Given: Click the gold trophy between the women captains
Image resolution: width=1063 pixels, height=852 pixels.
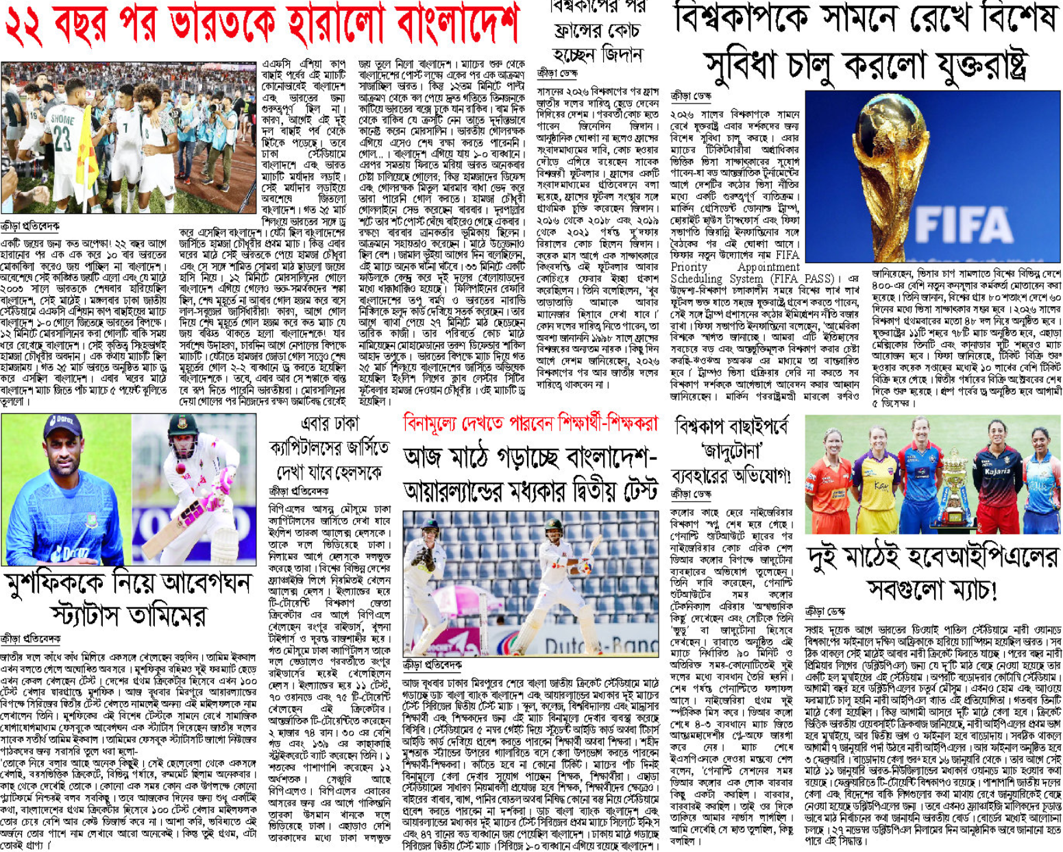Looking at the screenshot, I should point(953,480).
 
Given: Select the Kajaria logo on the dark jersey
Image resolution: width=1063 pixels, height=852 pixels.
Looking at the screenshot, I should point(997,472).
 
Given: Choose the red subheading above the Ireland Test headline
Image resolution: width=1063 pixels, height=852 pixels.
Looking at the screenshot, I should point(530,423).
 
